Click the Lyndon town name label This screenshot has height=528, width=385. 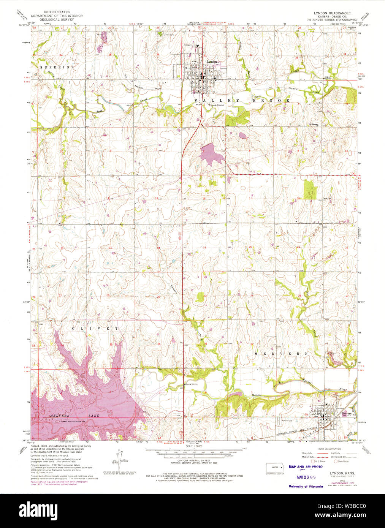[x=211, y=62]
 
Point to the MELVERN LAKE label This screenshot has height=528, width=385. [x=74, y=416]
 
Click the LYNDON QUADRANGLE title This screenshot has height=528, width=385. [x=332, y=13]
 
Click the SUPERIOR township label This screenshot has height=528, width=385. [x=57, y=67]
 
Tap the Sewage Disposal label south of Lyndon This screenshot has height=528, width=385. [x=217, y=105]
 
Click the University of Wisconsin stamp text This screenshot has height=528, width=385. [x=306, y=486]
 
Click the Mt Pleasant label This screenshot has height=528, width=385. [x=315, y=123]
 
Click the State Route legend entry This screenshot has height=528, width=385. [x=342, y=462]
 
